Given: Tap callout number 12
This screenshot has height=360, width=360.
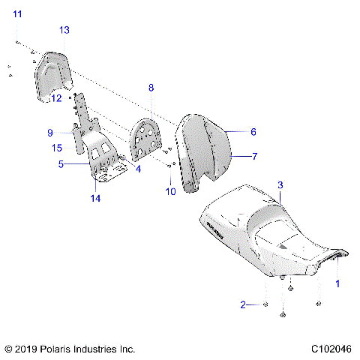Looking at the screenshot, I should click(x=55, y=97).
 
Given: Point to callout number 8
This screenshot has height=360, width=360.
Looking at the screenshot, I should click(x=151, y=88).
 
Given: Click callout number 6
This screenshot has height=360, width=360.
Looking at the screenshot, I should click(x=253, y=131).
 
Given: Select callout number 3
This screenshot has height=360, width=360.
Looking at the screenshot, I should click(x=280, y=184).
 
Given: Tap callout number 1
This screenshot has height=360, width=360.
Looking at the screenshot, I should click(x=337, y=284).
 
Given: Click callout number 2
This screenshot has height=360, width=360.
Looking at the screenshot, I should click(x=242, y=304).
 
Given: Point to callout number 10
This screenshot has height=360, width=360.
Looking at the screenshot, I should click(x=169, y=191).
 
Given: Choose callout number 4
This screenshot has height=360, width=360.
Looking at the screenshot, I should click(x=137, y=169).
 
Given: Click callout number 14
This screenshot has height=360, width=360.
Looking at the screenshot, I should click(x=95, y=198).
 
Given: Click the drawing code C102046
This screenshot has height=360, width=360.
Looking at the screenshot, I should click(x=331, y=349).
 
